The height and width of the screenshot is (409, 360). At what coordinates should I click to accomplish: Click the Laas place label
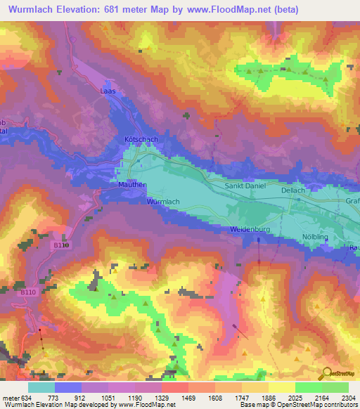pos(108,91)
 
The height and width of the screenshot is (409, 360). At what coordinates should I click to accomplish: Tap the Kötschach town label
pos(141,139)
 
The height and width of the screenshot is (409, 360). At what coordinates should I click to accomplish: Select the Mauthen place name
pos(131,185)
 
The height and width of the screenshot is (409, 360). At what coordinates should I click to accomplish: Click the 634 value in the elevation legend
pos(20,398)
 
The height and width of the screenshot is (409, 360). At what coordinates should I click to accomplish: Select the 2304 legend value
pos(349,398)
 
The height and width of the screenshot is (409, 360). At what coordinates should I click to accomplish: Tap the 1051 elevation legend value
pos(96,398)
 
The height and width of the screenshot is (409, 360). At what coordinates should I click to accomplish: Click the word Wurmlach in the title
pos(32,10)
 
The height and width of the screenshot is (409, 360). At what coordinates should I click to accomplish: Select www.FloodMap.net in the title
pos(229,10)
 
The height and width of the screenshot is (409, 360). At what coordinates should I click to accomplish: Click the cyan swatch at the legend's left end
pos(41,387)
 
